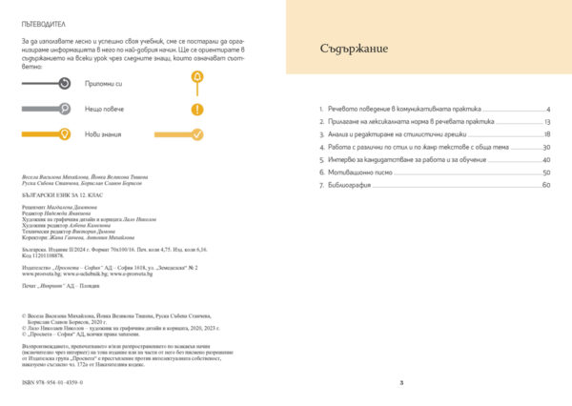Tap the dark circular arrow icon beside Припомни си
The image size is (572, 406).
(64, 83)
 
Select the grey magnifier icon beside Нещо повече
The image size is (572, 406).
(64, 109)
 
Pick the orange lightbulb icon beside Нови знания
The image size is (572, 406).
(64, 134)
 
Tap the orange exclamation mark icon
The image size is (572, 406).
(197, 109)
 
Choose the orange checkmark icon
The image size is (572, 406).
(197, 134)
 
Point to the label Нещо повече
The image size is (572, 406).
(103, 109)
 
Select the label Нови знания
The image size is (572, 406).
(102, 134)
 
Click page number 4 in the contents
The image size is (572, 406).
(548, 111)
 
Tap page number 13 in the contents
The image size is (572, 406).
(547, 123)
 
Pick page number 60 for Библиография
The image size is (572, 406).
(546, 184)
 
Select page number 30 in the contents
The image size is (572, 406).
(546, 148)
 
